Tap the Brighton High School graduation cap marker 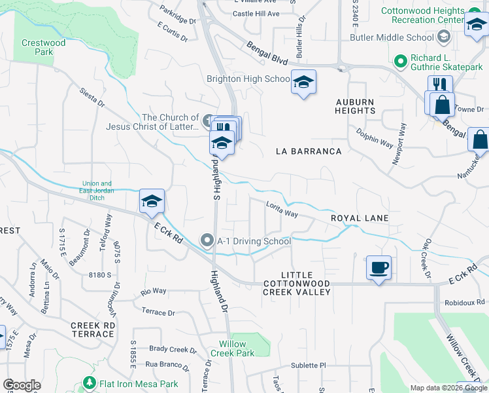click(x=303, y=82)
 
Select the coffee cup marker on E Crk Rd click(x=379, y=267)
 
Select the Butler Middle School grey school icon click(x=444, y=37)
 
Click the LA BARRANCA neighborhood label click(x=309, y=151)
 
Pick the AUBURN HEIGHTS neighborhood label click(x=356, y=106)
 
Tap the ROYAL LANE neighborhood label click(x=360, y=218)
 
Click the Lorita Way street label click(x=282, y=210)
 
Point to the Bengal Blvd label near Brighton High click(x=267, y=54)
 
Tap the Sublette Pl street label click(x=309, y=365)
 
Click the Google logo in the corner click(x=22, y=385)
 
